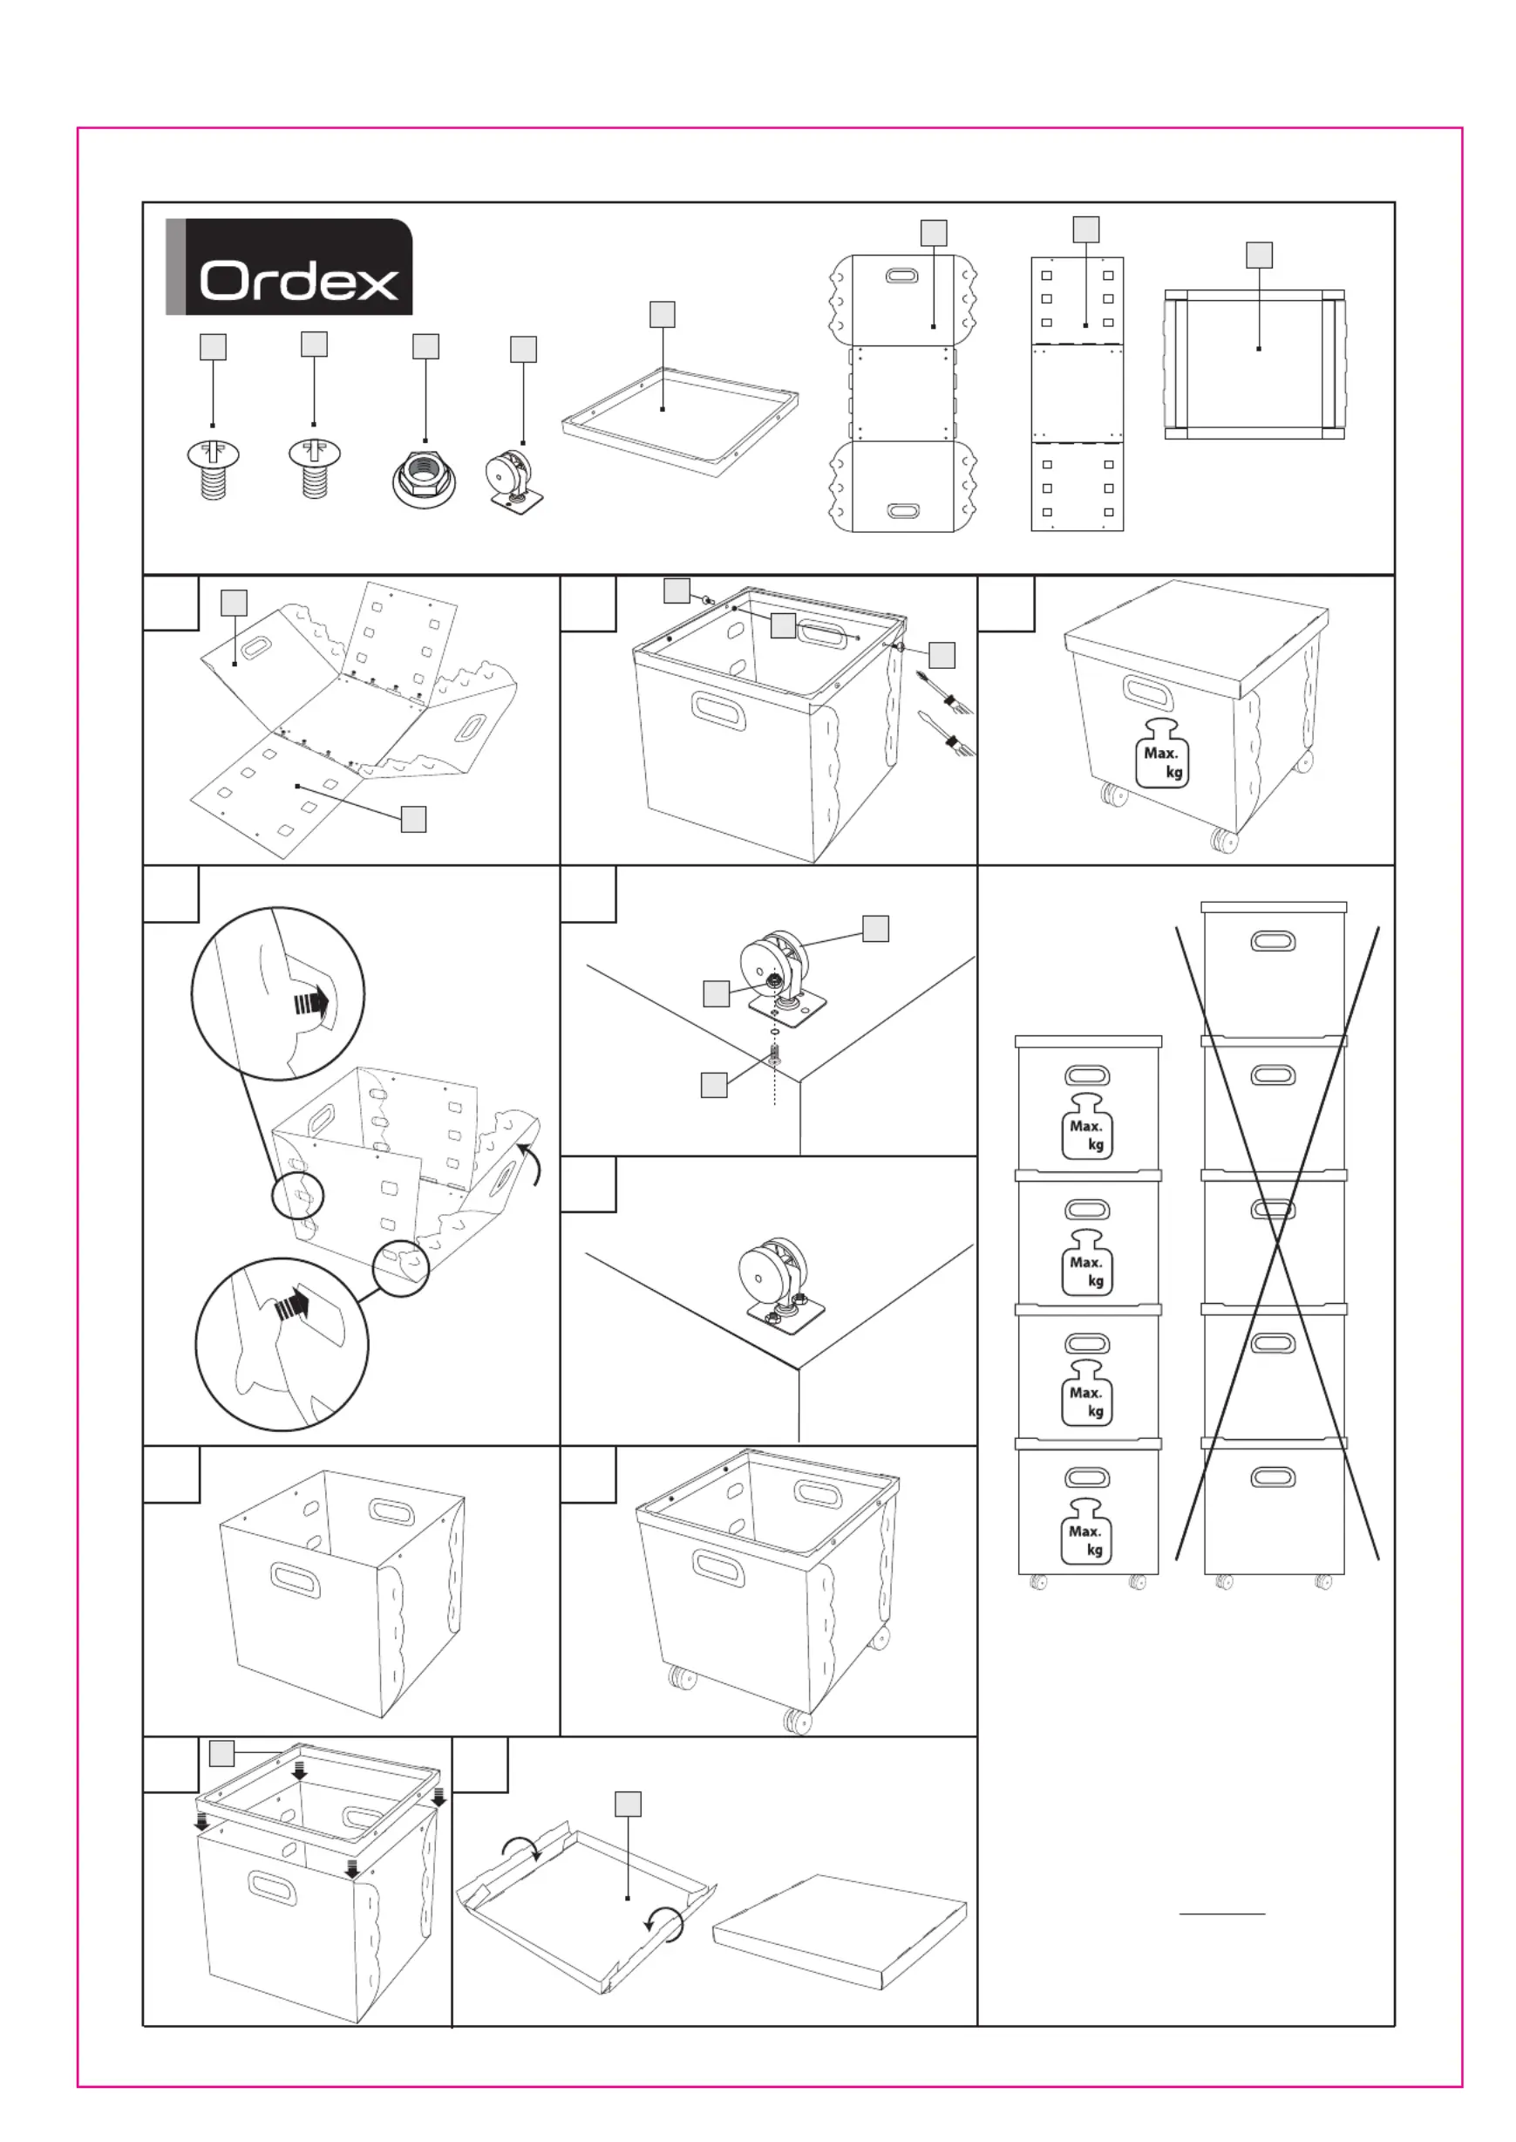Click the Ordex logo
[289, 267]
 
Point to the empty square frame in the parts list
[680, 421]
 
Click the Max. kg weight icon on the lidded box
[1162, 754]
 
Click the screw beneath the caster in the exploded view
[775, 1057]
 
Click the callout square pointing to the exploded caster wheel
[874, 928]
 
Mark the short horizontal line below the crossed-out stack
[1222, 1914]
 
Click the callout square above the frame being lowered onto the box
[222, 1754]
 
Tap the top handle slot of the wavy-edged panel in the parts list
[901, 276]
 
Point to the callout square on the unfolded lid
[629, 1804]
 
